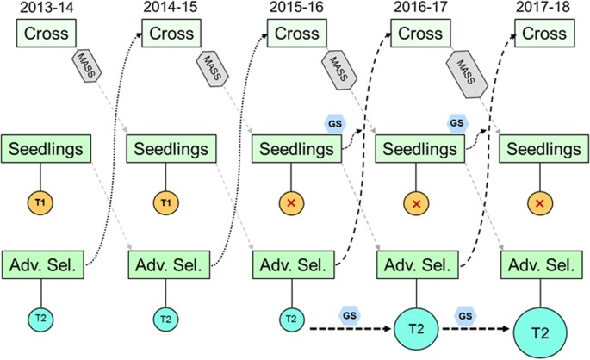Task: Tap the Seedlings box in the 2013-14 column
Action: pos(46,147)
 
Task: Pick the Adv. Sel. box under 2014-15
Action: pos(165,264)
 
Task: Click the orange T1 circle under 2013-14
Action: pos(40,202)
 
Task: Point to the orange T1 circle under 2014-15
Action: pos(165,202)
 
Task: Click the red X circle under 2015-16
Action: pos(290,203)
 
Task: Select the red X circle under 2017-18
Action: pos(539,203)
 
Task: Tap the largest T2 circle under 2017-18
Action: pos(539,332)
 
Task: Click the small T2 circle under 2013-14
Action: pos(40,319)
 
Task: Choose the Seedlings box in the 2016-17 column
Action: pos(416,147)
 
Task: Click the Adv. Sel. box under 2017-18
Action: pos(539,264)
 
